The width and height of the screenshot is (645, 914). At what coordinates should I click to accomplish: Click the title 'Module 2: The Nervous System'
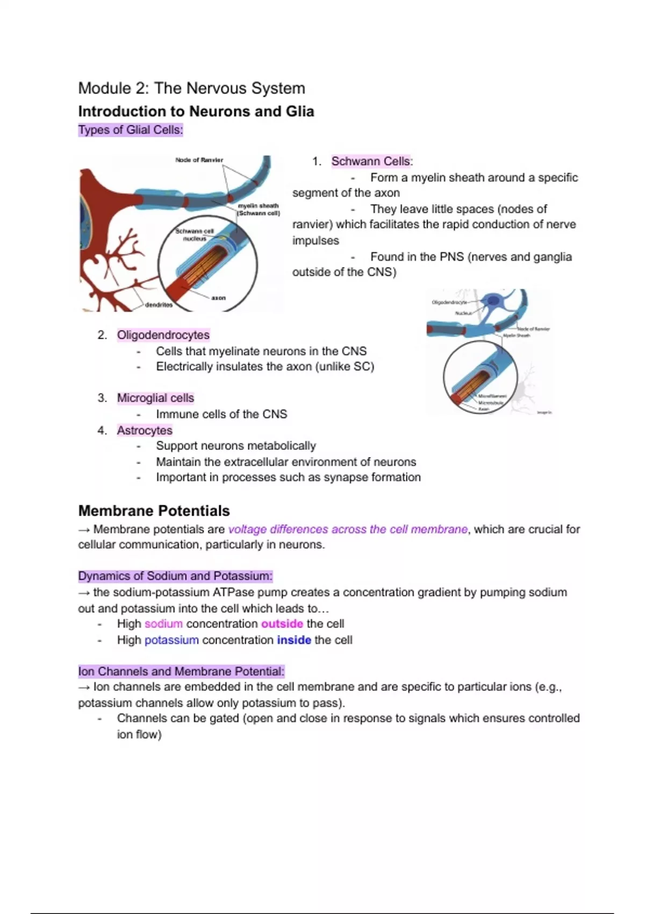[x=191, y=88]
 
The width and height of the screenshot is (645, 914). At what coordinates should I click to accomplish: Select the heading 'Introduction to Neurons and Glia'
[x=196, y=111]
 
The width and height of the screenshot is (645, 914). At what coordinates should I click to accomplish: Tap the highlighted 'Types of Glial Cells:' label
[x=131, y=130]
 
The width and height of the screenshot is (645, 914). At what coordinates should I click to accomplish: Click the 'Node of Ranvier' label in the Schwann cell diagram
[x=199, y=160]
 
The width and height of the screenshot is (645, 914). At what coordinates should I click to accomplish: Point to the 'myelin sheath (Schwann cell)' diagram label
[x=259, y=209]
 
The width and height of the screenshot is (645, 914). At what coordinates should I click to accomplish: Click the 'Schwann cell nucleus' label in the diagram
[x=195, y=234]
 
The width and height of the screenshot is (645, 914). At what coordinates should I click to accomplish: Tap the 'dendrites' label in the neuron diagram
[x=159, y=305]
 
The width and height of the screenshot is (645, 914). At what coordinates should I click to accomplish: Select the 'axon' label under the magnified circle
[x=218, y=298]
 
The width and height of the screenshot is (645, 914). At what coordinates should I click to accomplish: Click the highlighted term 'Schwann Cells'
[x=371, y=161]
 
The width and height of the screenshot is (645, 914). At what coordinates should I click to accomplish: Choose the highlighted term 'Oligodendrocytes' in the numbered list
[x=163, y=335]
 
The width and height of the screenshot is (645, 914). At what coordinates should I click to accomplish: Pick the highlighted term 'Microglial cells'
[x=155, y=398]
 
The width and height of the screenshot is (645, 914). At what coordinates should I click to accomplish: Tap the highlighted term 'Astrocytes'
[x=145, y=430]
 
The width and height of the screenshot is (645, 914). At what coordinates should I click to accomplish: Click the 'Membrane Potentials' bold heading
[x=154, y=511]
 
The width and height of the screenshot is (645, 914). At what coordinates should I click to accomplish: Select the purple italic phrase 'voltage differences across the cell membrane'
[x=348, y=529]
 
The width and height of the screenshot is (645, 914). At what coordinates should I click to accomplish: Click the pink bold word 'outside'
[x=282, y=624]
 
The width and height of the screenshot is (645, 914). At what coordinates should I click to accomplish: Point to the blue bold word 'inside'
[x=294, y=640]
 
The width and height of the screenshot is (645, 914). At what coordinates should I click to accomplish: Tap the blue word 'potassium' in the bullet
[x=171, y=640]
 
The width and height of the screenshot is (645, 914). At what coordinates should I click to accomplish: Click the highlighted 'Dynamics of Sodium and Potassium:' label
[x=175, y=576]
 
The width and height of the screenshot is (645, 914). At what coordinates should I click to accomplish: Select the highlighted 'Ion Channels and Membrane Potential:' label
[x=181, y=672]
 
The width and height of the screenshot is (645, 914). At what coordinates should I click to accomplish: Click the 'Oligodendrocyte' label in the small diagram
[x=449, y=303]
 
